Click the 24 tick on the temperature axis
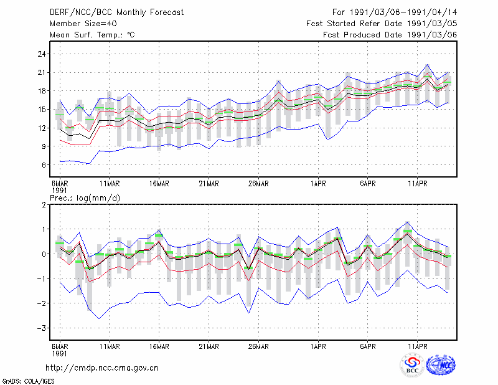42,54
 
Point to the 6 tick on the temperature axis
44,165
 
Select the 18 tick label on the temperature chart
42,91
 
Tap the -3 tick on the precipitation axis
42,328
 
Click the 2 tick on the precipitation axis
44,205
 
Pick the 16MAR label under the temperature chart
159,184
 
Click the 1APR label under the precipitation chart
318,346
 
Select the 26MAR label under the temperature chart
258,184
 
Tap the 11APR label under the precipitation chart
417,346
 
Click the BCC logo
412,365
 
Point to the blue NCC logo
441,365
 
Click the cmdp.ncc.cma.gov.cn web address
102,368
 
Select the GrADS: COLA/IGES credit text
28,381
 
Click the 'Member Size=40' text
83,24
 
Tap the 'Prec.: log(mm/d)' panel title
85,198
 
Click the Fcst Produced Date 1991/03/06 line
390,35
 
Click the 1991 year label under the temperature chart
59,191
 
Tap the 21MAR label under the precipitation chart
209,346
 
